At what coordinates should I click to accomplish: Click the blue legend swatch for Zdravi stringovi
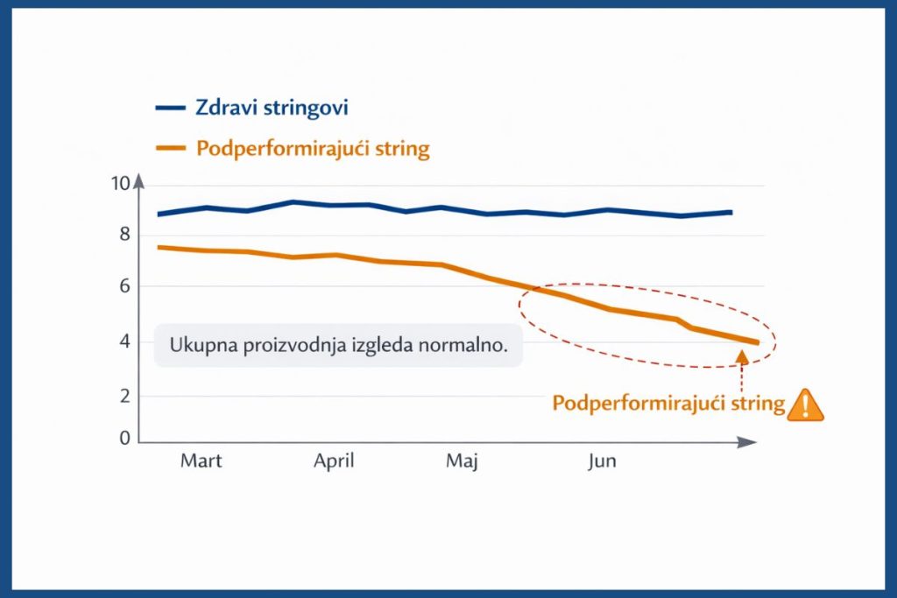[x=170, y=108]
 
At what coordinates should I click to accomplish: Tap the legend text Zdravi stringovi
[x=272, y=109]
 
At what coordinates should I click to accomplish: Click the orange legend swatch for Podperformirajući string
[x=170, y=148]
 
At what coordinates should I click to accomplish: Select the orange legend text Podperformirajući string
[x=313, y=148]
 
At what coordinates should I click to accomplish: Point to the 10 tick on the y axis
[x=120, y=184]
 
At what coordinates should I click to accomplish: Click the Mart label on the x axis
[x=201, y=461]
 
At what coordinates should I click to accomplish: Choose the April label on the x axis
[x=334, y=461]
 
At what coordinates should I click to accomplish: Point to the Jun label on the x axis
[x=601, y=461]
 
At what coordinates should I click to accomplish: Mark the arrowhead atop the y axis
[x=138, y=183]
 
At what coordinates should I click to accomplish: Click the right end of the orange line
[x=756, y=342]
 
